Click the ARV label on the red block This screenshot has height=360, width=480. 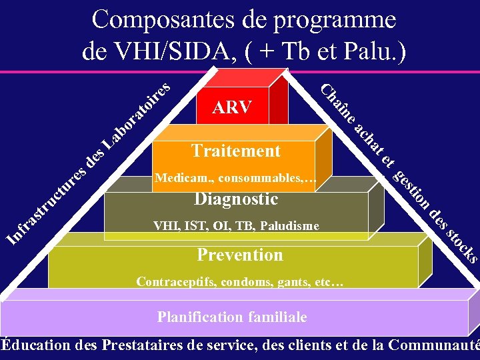click(231, 107)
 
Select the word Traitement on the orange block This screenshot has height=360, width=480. click(235, 151)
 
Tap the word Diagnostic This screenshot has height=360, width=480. click(236, 199)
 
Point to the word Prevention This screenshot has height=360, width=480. click(240, 255)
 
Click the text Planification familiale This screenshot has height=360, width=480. click(232, 317)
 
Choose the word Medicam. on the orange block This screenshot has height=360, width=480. click(183, 179)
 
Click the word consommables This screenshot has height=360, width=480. click(265, 179)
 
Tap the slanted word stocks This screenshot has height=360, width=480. click(461, 245)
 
